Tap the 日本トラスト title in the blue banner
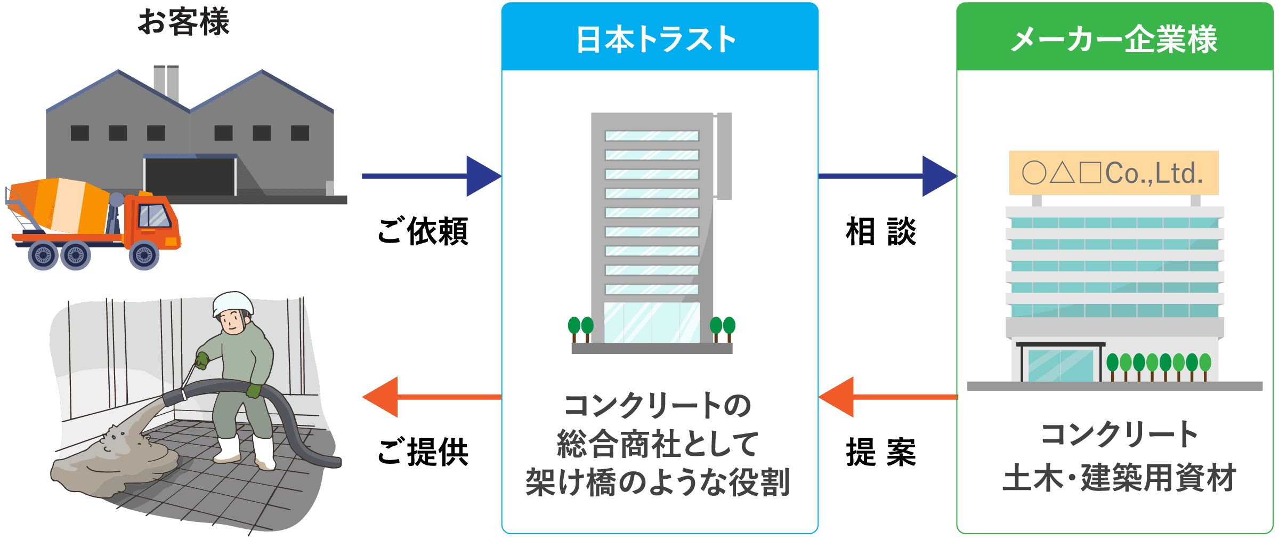657,39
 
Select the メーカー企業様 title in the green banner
1114,39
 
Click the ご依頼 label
423,232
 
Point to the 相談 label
881,232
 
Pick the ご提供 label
423,452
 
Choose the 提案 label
881,452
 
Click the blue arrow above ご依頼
432,176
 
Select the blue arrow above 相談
887,176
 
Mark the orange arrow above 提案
887,397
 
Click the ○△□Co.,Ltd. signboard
1113,173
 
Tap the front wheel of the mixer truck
144,255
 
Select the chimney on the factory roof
166,83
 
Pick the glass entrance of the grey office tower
652,323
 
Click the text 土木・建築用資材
1119,478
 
